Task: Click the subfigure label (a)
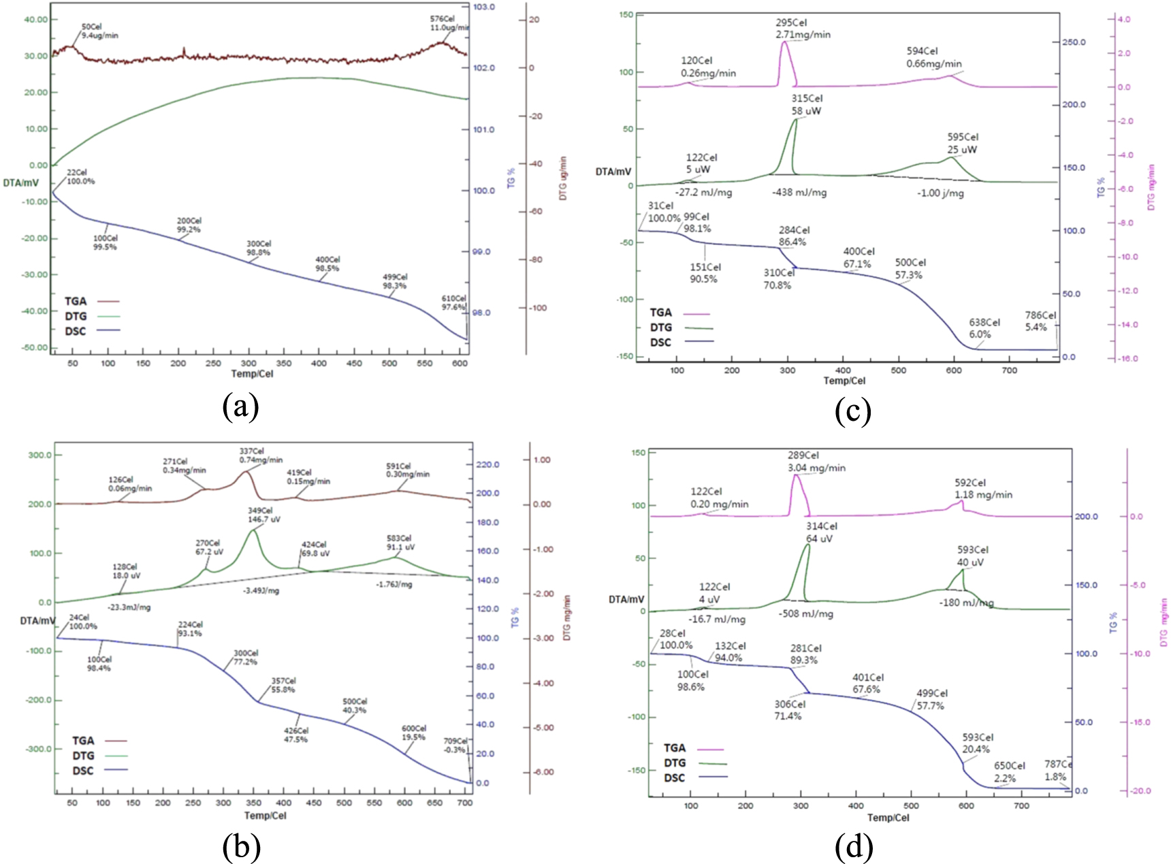pyautogui.click(x=240, y=407)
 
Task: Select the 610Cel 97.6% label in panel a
pyautogui.click(x=453, y=303)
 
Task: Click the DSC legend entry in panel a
pyautogui.click(x=76, y=332)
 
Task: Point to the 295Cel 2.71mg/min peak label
pyautogui.click(x=803, y=29)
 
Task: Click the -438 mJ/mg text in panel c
pyautogui.click(x=799, y=193)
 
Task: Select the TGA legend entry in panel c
pyautogui.click(x=660, y=313)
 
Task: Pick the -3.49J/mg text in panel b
pyautogui.click(x=261, y=590)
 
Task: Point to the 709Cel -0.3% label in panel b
pyautogui.click(x=455, y=746)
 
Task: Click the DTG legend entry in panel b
pyautogui.click(x=83, y=756)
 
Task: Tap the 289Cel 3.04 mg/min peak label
pyautogui.click(x=816, y=462)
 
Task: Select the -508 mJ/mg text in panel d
pyautogui.click(x=806, y=613)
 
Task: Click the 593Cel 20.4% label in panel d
pyautogui.click(x=977, y=743)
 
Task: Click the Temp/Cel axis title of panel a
pyautogui.click(x=252, y=374)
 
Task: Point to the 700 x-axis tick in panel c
pyautogui.click(x=1009, y=370)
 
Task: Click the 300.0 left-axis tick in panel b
pyautogui.click(x=39, y=455)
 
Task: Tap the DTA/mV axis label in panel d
pyautogui.click(x=626, y=599)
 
